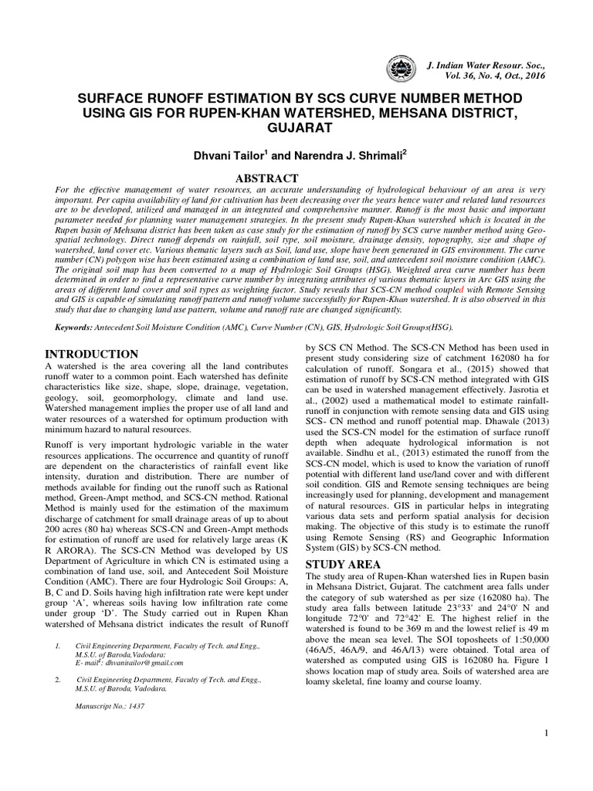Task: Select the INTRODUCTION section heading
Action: coord(87,354)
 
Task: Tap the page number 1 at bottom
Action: coord(546,732)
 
